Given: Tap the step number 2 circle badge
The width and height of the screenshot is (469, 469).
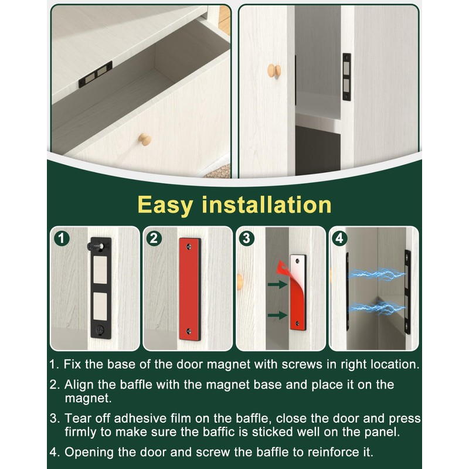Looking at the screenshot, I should click(154, 239).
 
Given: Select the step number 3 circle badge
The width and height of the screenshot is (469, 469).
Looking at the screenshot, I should click(246, 239).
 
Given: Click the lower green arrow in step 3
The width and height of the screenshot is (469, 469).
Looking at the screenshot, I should click(278, 315).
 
